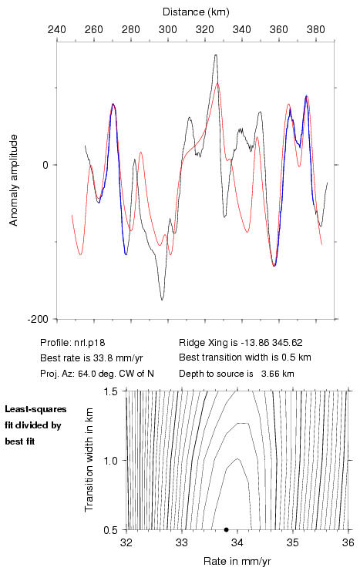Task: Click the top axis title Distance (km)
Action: click(196, 12)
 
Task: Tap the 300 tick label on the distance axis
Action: click(168, 29)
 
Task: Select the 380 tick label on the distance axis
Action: click(316, 29)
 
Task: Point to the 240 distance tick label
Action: click(57, 29)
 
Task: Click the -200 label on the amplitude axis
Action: click(37, 319)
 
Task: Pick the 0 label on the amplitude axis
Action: click(45, 165)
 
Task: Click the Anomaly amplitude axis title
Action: click(13, 180)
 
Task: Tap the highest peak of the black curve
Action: click(216, 55)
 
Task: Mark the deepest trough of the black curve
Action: click(162, 300)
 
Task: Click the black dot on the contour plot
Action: click(227, 529)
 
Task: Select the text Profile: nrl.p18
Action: click(72, 343)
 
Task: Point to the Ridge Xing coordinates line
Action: click(241, 343)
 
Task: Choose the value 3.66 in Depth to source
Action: click(268, 374)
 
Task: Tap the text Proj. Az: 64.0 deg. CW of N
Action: click(97, 374)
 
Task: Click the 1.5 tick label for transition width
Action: click(110, 391)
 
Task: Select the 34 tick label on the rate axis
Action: click(237, 542)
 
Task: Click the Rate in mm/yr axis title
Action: click(237, 561)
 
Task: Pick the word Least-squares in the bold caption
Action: click(35, 409)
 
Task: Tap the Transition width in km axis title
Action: click(89, 460)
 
